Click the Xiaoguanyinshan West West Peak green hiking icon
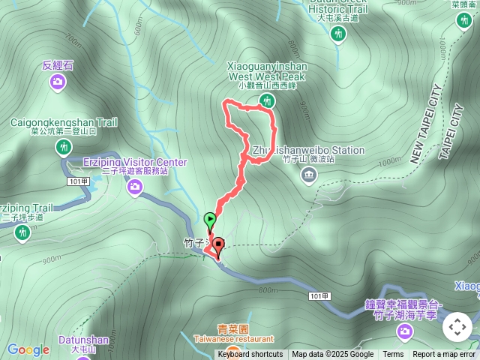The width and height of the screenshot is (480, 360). pyautogui.click(x=267, y=100)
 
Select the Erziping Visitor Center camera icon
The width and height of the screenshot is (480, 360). pyautogui.click(x=135, y=188)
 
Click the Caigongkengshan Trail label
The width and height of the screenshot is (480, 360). pyautogui.click(x=64, y=122)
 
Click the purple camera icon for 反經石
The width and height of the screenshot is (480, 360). pyautogui.click(x=58, y=83)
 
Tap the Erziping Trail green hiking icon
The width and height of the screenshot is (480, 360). pyautogui.click(x=22, y=233)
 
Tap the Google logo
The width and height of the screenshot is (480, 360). pyautogui.click(x=28, y=349)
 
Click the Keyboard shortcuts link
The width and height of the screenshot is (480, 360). pyautogui.click(x=250, y=355)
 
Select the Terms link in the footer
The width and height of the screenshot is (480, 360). pyautogui.click(x=393, y=355)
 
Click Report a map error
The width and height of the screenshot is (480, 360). pyautogui.click(x=444, y=355)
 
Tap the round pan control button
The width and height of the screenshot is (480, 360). pyautogui.click(x=457, y=327)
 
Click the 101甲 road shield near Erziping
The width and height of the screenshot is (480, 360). pyautogui.click(x=78, y=181)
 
